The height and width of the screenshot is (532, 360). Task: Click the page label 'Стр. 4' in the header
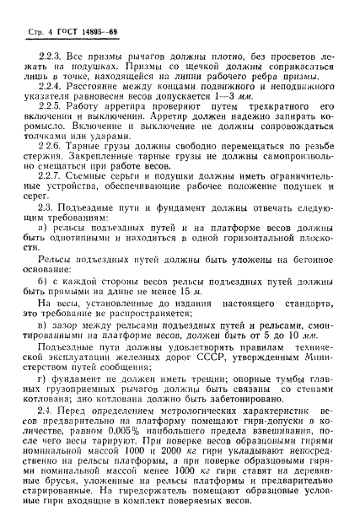click(26, 26)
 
